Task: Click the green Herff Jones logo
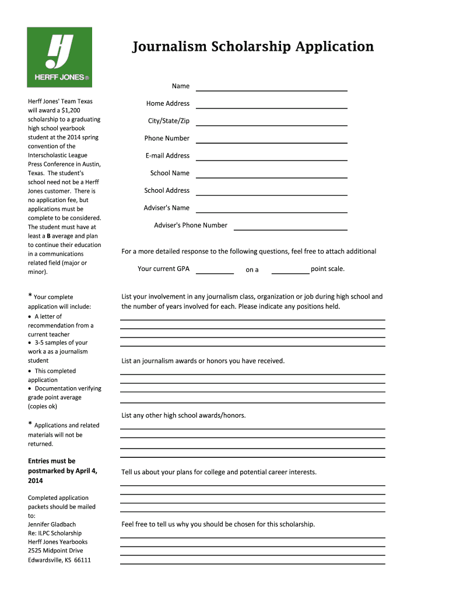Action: pos(59,57)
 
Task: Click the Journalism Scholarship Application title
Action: pos(252,47)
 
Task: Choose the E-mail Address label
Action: pos(167,156)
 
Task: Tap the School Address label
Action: pos(167,190)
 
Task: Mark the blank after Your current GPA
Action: pos(215,270)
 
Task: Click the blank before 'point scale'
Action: pos(290,270)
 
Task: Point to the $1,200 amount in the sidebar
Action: pos(86,110)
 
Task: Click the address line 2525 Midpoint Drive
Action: pos(55,551)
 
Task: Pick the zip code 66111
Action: pos(82,560)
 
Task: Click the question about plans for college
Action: pos(219,472)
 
